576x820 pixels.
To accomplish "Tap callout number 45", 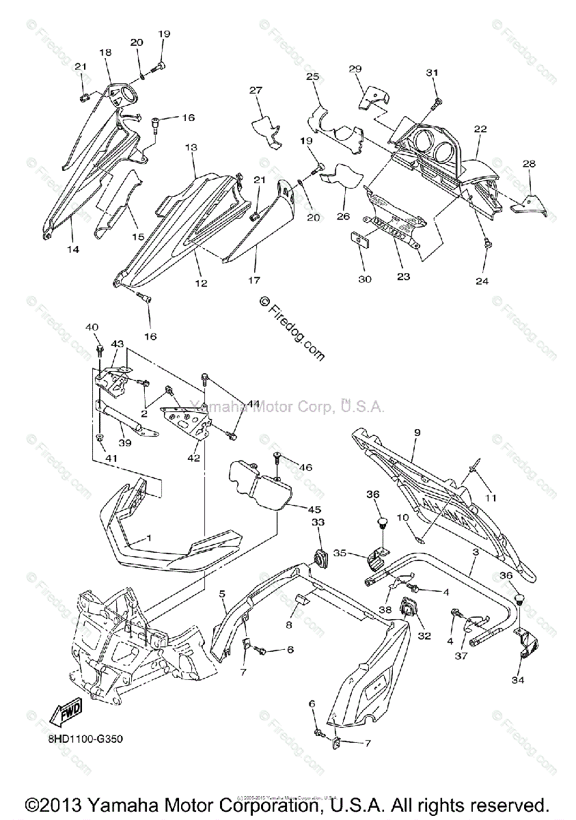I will click(x=294, y=509).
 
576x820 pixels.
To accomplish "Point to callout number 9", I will click(x=417, y=432).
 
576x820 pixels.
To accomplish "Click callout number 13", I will click(x=191, y=147).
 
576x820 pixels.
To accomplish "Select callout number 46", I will click(x=305, y=467).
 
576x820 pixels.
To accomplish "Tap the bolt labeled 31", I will click(x=435, y=103).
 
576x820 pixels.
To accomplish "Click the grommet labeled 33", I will click(x=320, y=555).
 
